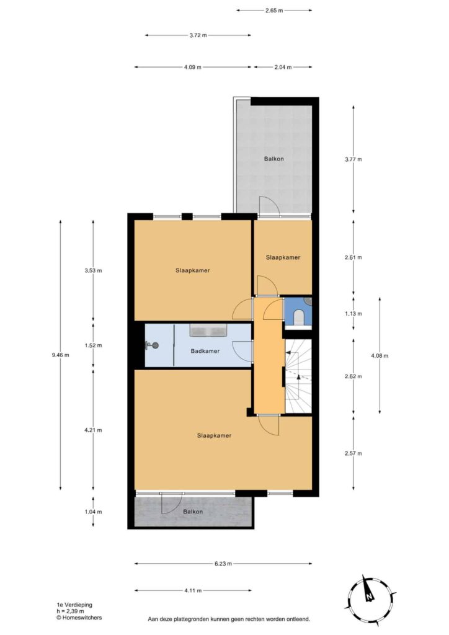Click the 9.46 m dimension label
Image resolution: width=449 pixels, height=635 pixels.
pos(60,355)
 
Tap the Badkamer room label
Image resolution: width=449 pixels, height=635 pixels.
pos(205,351)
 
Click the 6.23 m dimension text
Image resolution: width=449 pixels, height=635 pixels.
pos(223,563)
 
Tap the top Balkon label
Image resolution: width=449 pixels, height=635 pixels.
pos(273,159)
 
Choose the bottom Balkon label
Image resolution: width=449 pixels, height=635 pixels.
pos(193,512)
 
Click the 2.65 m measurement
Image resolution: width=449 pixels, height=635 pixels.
pos(274,11)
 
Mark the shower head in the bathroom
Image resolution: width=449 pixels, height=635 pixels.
pos(152,345)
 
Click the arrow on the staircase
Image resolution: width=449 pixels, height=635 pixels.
pos(298,377)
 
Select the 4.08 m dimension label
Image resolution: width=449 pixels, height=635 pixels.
pos(380,355)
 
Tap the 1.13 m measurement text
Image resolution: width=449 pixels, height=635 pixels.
pos(353,313)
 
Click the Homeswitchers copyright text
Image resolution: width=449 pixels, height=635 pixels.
pos(79,618)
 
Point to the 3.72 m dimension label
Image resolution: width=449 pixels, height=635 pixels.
pos(198,35)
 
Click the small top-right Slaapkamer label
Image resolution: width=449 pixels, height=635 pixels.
pos(283,257)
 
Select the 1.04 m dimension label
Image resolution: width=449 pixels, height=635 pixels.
pos(93,512)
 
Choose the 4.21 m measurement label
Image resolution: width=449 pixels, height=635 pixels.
pos(93,430)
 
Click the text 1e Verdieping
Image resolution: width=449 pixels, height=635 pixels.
pos(74,605)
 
